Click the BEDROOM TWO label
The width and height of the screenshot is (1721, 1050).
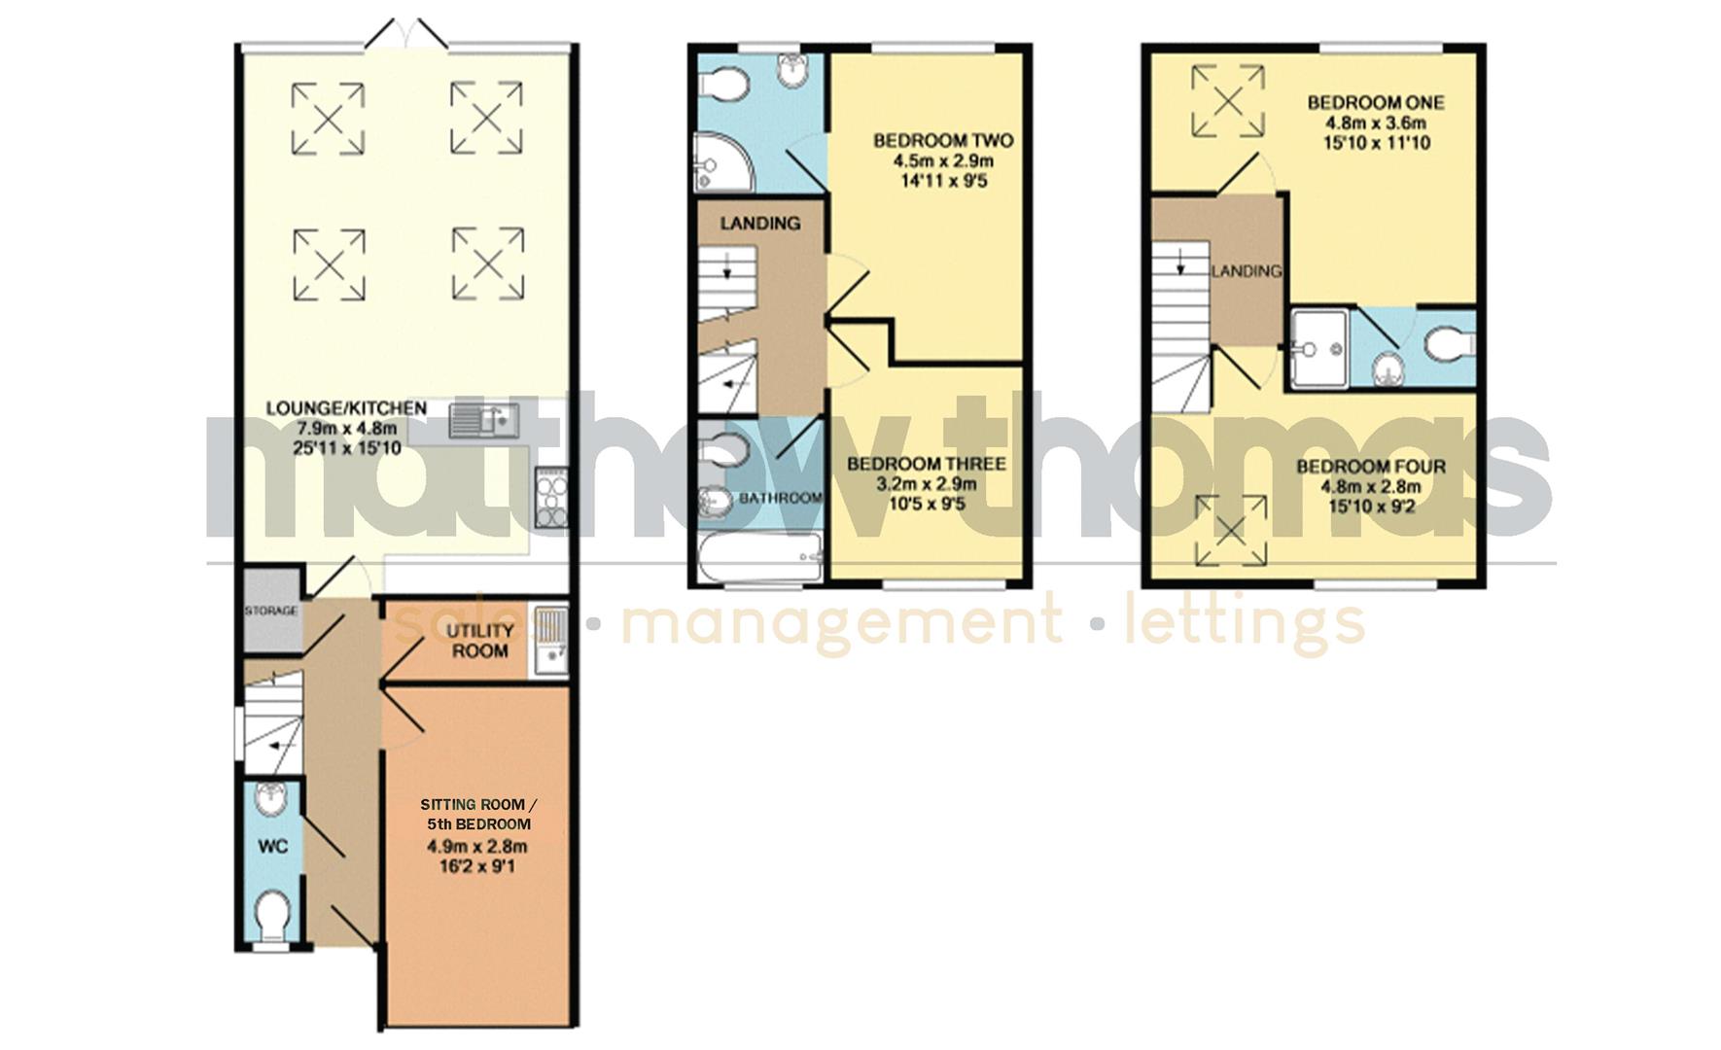942,141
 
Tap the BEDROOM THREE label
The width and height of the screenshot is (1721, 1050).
926,465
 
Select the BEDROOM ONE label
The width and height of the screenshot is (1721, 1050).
1375,103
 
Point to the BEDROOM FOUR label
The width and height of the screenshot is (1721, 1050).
1370,467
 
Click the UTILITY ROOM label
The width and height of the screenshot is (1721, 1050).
479,641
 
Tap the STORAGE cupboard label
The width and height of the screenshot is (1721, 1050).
270,612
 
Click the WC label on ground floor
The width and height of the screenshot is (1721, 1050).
273,846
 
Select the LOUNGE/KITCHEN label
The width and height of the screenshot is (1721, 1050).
346,408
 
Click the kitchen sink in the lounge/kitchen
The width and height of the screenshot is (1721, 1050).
484,421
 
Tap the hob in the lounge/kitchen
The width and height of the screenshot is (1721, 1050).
550,498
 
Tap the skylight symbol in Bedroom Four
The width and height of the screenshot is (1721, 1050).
1232,530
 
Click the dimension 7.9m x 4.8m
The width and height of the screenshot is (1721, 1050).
346,429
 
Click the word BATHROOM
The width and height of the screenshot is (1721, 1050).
781,498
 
